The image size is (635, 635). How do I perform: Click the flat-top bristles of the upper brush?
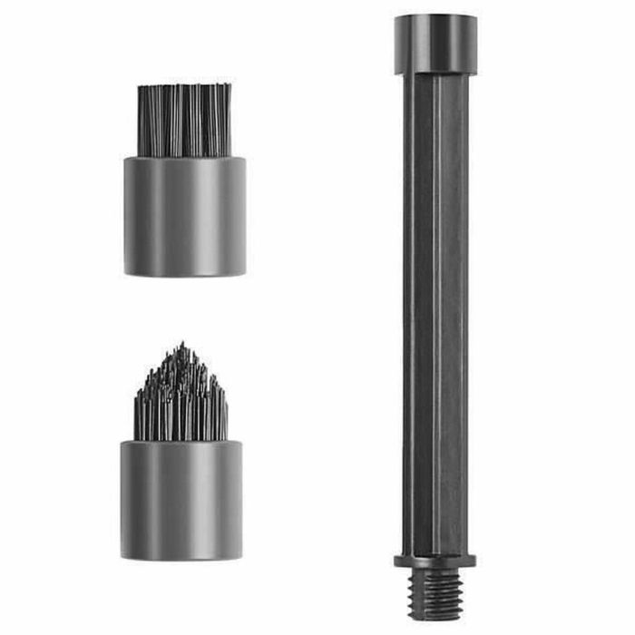tap(184, 120)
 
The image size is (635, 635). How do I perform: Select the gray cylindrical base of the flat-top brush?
tap(184, 218)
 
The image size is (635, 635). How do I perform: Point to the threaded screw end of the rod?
tap(435, 594)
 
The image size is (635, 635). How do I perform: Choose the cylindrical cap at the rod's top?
tap(435, 44)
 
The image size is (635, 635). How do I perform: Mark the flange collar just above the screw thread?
tap(435, 561)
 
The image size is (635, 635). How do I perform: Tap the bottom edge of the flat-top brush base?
tap(184, 273)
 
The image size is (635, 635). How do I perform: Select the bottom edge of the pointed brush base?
tap(181, 557)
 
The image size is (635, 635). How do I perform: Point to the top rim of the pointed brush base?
tap(181, 443)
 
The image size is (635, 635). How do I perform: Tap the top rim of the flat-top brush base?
tap(184, 160)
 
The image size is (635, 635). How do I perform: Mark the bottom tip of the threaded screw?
tap(435, 619)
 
